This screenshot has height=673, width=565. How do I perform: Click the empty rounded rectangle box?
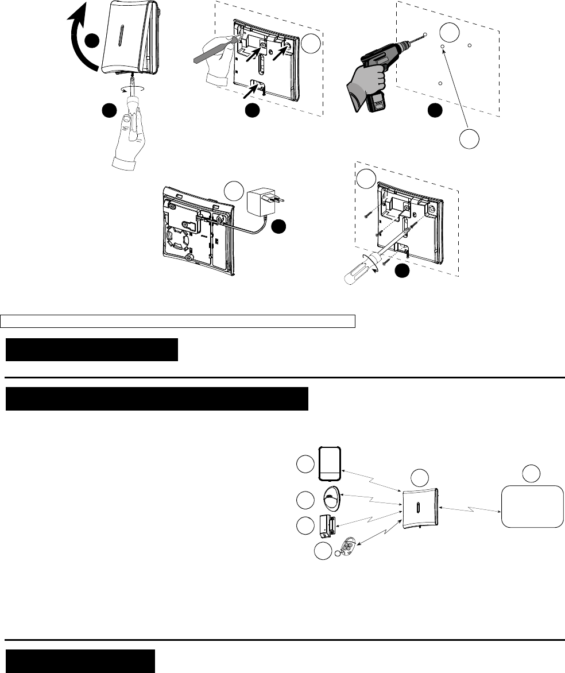point(532,506)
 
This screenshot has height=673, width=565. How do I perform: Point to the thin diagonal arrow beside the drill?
point(456,89)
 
